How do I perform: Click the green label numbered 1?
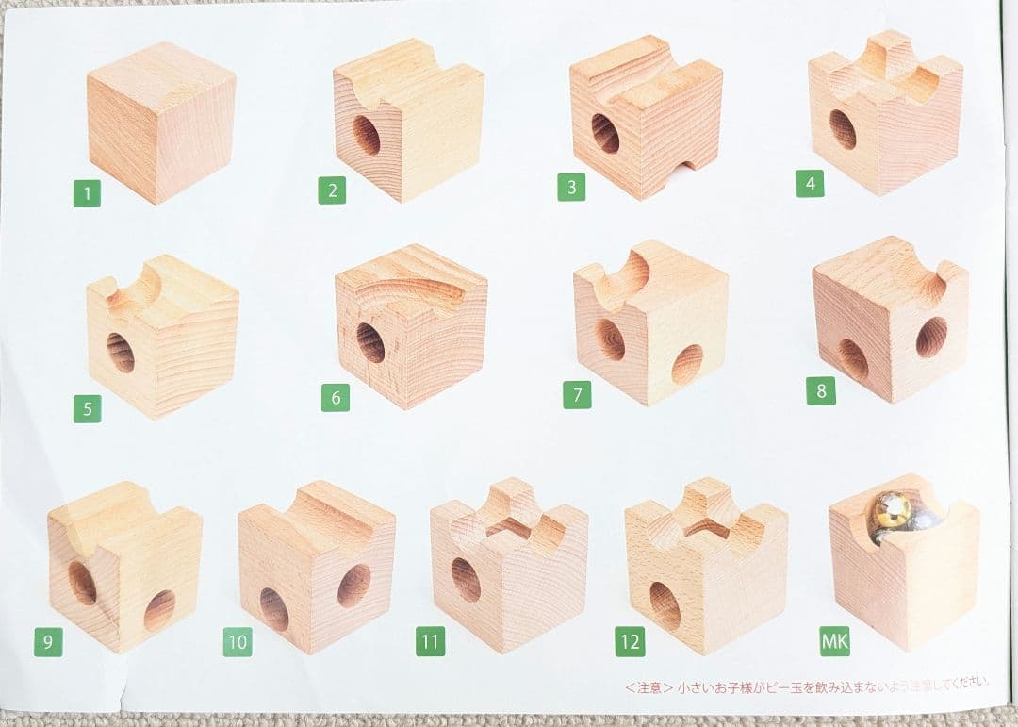tap(87, 194)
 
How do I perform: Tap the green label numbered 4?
tap(809, 183)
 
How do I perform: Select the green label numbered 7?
tap(577, 394)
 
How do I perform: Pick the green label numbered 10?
tap(238, 642)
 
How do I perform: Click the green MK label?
tap(834, 642)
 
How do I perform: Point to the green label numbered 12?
tap(629, 642)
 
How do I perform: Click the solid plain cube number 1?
tap(160, 121)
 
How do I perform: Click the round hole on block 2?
tap(367, 136)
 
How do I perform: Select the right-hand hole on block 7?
tap(687, 364)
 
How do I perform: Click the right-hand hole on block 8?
tap(931, 337)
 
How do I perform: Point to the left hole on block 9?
tap(83, 583)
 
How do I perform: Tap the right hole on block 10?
tap(353, 586)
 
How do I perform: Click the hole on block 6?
tap(370, 342)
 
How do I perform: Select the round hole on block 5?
tap(121, 352)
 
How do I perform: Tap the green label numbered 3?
tap(570, 187)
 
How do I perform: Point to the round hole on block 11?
tap(466, 579)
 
